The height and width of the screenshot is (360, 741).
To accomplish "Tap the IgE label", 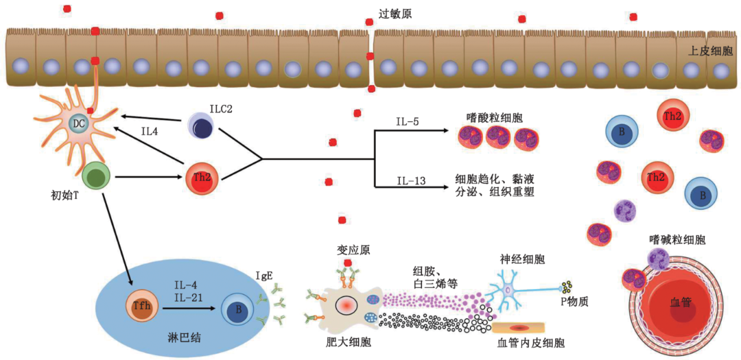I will click(x=264, y=276).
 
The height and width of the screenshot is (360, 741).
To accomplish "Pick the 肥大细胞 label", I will click(x=349, y=341).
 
